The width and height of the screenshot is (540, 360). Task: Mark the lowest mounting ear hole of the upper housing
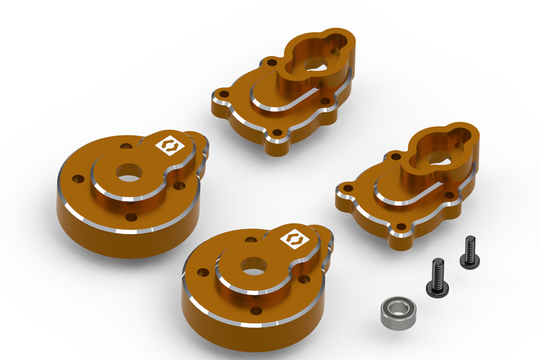point(278,133)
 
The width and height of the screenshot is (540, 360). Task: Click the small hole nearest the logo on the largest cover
point(127,146)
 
